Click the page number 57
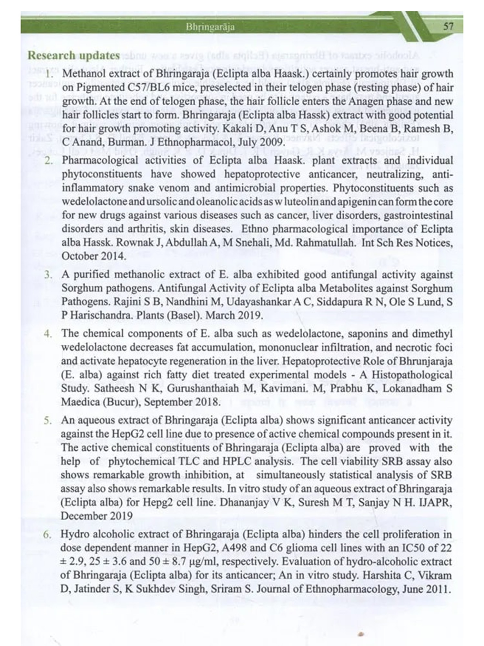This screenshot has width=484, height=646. (x=448, y=26)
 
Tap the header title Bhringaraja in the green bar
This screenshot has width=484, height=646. (x=210, y=27)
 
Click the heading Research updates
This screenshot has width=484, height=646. (x=74, y=56)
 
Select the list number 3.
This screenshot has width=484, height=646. (x=48, y=275)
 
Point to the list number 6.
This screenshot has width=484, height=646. (x=48, y=534)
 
